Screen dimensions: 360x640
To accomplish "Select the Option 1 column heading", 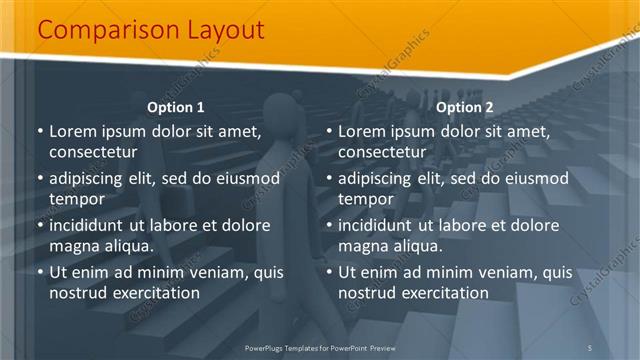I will click(x=176, y=107).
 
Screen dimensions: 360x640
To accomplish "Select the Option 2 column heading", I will click(x=465, y=107).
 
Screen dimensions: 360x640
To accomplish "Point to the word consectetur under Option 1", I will click(x=93, y=152).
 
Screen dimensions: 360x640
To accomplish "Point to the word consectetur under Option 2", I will click(x=382, y=152).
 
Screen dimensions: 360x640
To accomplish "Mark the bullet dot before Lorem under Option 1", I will click(x=40, y=131).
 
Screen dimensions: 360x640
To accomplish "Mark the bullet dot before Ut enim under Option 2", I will click(x=329, y=272).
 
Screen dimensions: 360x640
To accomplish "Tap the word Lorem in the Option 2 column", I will click(x=362, y=131).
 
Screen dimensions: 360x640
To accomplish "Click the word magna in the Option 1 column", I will click(x=73, y=246).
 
